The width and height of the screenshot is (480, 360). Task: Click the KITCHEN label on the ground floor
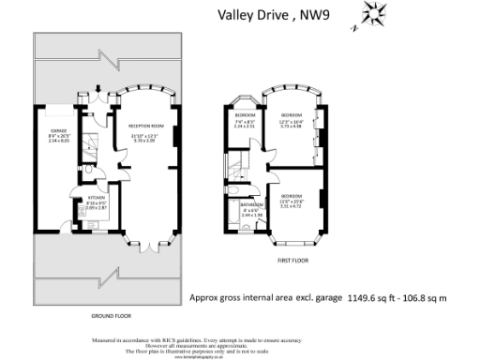pyautogui.click(x=96, y=199)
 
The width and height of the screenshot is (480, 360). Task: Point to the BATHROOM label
pyautogui.click(x=250, y=203)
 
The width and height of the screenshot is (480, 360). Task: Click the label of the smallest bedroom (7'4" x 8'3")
pyautogui.click(x=244, y=113)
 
